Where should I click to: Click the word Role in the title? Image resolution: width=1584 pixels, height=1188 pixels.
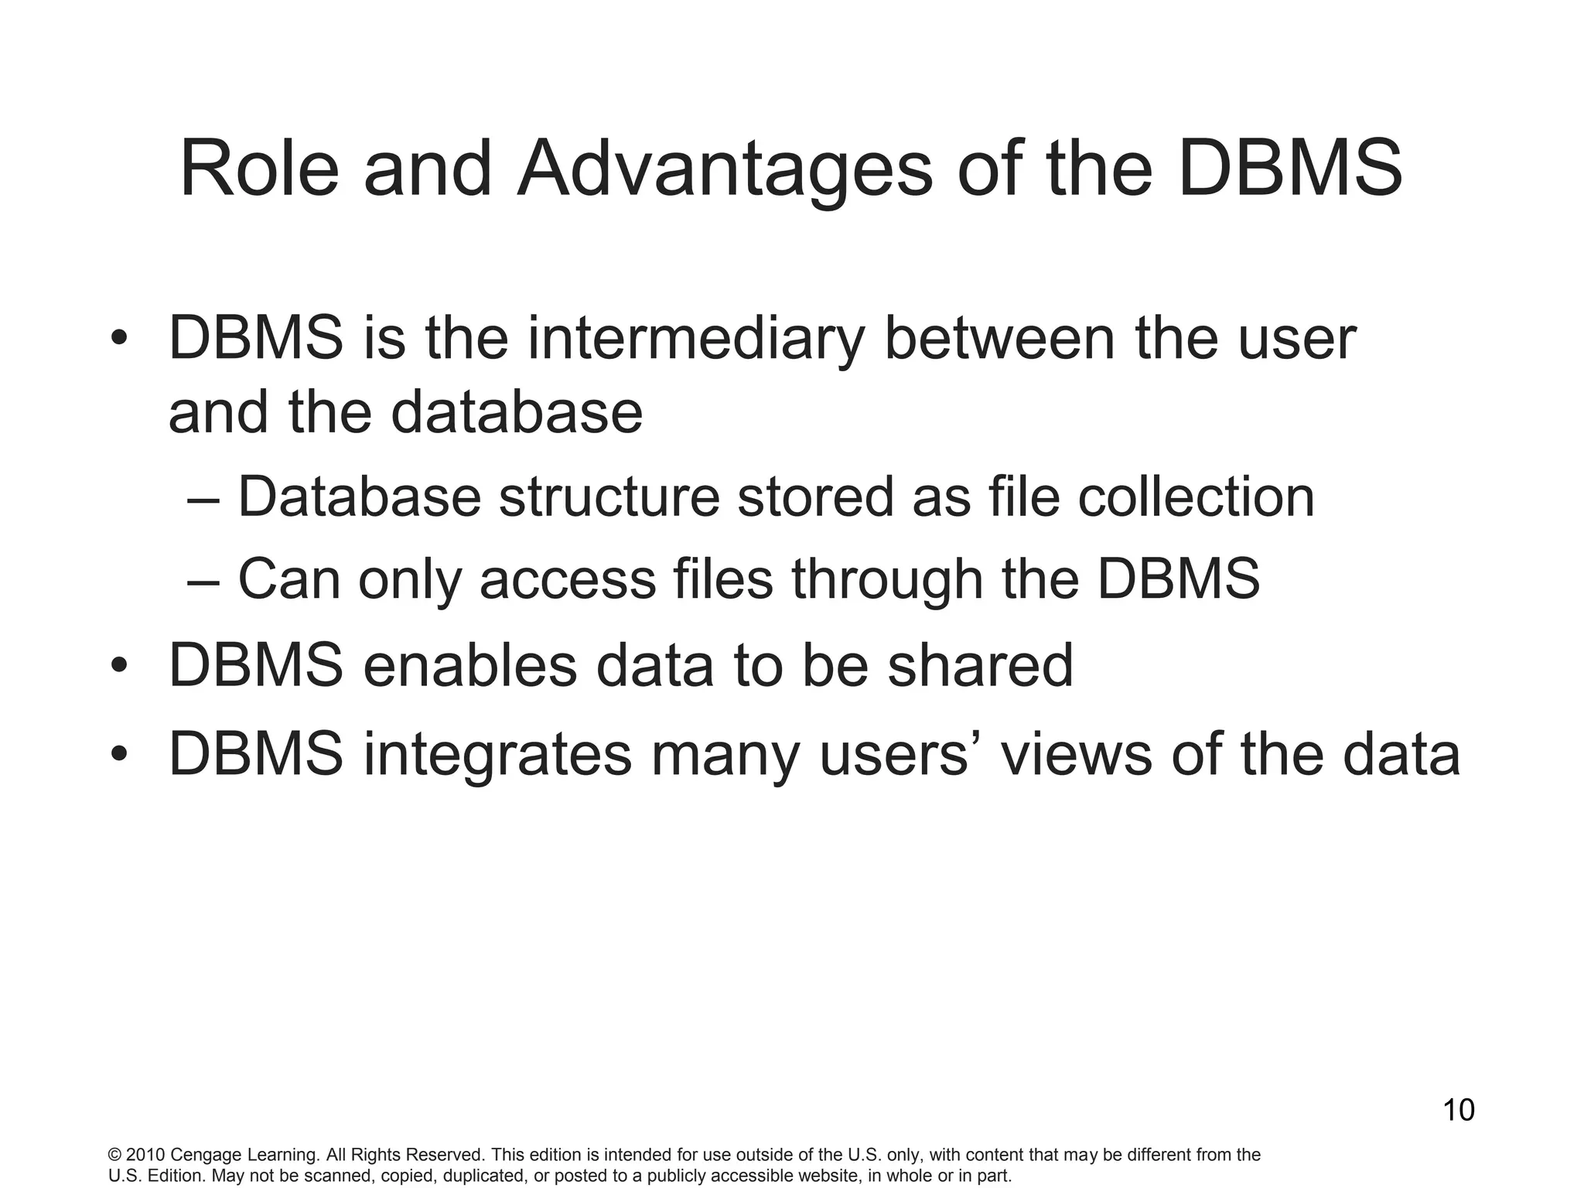(x=260, y=169)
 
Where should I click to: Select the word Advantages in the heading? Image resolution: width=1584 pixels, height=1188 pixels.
(x=725, y=169)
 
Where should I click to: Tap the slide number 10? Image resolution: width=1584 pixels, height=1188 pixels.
(x=1459, y=1111)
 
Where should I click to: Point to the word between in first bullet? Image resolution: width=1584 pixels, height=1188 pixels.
(x=999, y=339)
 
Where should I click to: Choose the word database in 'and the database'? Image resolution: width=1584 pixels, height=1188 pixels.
(x=517, y=412)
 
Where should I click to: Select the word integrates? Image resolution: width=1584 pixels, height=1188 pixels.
(x=497, y=755)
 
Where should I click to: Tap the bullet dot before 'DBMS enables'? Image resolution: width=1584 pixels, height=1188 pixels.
(x=118, y=667)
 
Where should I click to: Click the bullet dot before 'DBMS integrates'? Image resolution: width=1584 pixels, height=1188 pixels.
(x=118, y=756)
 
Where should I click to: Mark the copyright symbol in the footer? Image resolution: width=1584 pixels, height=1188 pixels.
(x=114, y=1156)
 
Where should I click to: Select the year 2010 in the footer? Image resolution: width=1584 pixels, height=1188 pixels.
(x=145, y=1156)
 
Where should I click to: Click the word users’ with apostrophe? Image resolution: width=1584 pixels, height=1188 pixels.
(x=896, y=755)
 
